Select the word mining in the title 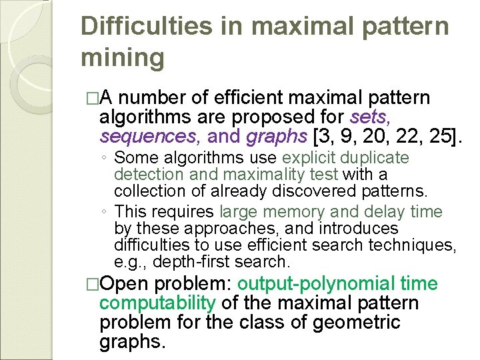click(122, 57)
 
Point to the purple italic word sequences click(151, 137)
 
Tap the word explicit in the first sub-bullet click(309, 158)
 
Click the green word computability click(157, 303)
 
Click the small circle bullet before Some click(107, 159)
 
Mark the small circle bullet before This click(107, 213)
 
